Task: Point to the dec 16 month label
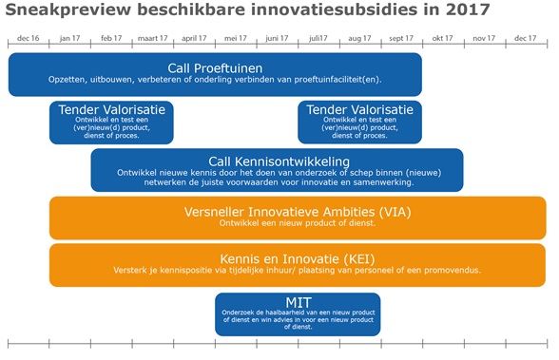pos(29,38)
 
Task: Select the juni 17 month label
pos(278,38)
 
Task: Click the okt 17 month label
pos(443,38)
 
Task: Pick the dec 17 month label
pos(525,38)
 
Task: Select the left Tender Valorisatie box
pos(111,122)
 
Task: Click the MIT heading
pos(298,302)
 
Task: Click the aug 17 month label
pos(360,38)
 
